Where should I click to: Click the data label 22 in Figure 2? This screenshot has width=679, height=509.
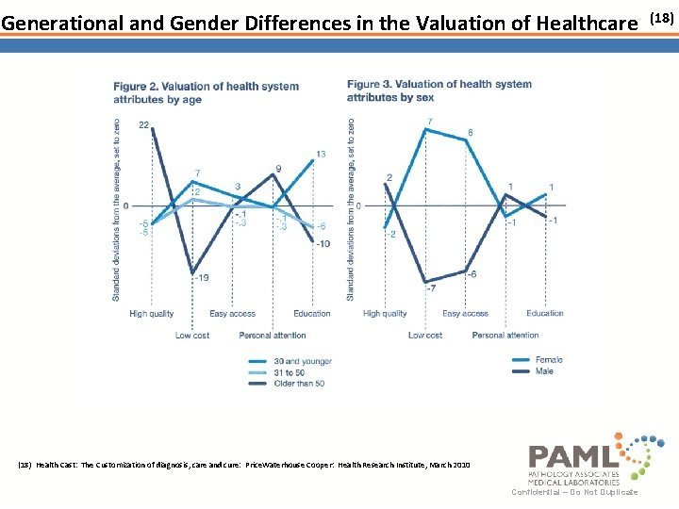[143, 124]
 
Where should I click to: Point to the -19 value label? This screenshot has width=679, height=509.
[201, 277]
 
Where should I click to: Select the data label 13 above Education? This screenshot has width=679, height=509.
[321, 154]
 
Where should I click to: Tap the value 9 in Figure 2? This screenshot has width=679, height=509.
[278, 169]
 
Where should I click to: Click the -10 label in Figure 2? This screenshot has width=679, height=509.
[323, 244]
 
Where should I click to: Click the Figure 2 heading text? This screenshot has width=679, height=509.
[206, 92]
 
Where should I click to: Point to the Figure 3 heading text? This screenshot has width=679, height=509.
[439, 90]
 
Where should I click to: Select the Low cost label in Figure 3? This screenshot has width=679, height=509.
[425, 336]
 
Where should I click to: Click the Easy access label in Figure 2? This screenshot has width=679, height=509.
[232, 314]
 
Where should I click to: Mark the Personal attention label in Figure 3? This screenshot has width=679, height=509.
[505, 336]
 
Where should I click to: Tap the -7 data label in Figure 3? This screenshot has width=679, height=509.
[431, 288]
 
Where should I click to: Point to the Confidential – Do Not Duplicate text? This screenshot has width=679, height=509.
[574, 492]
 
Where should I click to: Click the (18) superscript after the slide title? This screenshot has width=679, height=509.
[662, 17]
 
